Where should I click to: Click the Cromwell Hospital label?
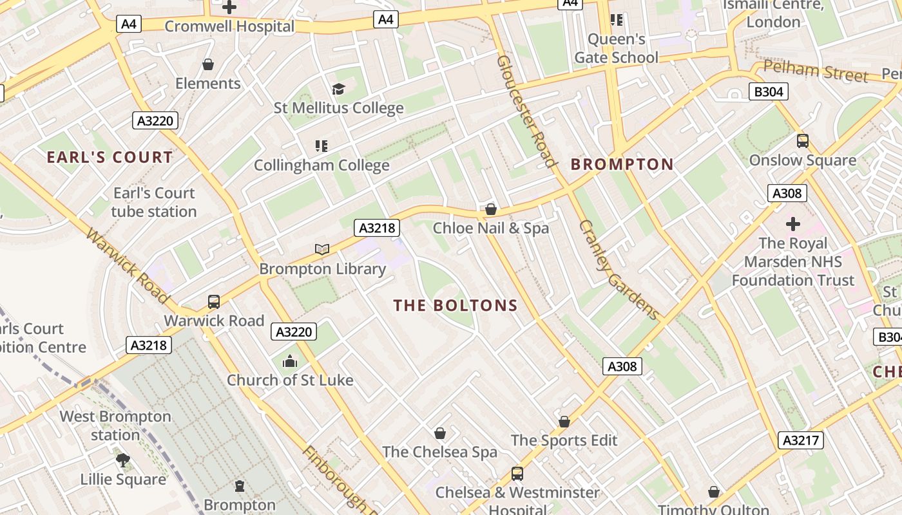[229, 26]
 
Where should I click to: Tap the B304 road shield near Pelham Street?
[769, 91]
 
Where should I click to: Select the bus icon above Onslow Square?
[802, 140]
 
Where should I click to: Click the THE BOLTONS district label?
[456, 305]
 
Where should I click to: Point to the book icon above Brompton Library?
[322, 249]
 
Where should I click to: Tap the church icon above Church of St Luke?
[290, 361]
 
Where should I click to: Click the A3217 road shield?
[802, 440]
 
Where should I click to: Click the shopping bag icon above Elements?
[208, 64]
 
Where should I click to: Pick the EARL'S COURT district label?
[110, 157]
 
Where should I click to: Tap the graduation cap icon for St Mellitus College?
[339, 89]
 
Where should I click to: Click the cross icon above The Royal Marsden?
[792, 224]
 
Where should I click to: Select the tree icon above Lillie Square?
[123, 460]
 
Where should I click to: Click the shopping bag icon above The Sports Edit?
[564, 422]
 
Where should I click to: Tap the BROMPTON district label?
[622, 164]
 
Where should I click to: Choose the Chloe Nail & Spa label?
[490, 228]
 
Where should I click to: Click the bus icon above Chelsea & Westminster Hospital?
[517, 474]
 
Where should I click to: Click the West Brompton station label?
[115, 426]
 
